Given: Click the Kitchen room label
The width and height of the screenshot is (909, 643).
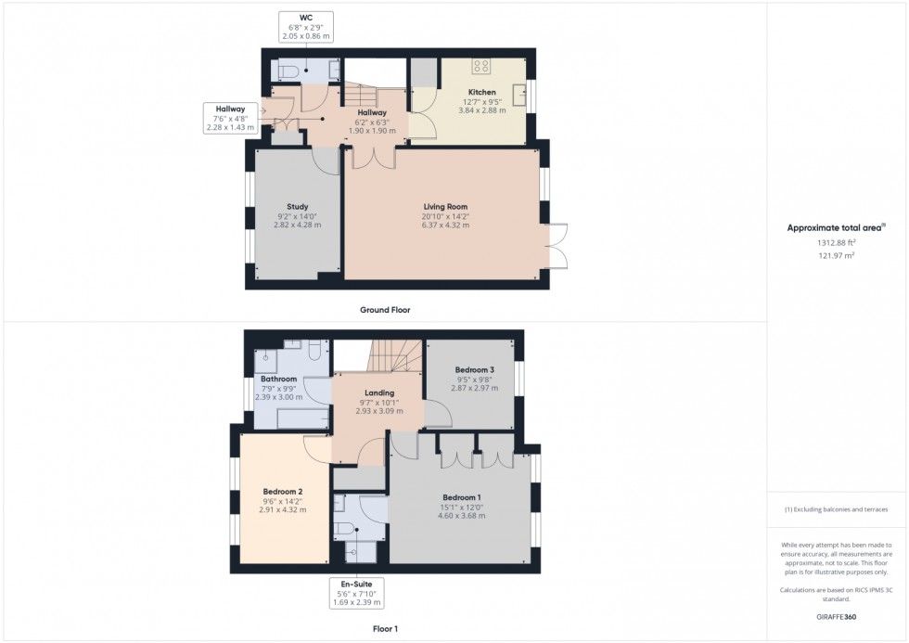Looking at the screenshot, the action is pos(481,92).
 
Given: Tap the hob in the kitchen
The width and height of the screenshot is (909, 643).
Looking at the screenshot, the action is pos(480,66).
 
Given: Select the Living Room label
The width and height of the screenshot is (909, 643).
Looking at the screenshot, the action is pos(445,206).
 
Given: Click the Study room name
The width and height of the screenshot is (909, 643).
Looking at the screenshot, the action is pos(298,206).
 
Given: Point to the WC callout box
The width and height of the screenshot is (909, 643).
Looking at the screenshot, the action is pos(306,27).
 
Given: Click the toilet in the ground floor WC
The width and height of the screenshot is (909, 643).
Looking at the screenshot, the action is pos(288,71).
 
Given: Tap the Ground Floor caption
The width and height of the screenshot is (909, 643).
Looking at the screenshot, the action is pos(385,310).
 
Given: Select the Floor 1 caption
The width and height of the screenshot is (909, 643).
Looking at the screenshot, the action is pos(385,628).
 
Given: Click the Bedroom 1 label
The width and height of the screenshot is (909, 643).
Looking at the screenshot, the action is pos(462,497).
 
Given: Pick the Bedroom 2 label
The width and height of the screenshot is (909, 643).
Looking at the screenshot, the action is pos(283,492).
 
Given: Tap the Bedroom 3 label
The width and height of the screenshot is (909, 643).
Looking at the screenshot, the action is pos(475,370).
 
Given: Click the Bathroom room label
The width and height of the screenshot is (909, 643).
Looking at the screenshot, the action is pos(279,379).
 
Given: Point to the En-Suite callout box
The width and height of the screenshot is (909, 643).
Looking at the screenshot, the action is pos(356,593).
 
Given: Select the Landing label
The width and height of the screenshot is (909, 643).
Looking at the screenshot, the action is pos(379,392).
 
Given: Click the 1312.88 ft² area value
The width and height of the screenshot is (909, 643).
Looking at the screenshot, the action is pos(837,243).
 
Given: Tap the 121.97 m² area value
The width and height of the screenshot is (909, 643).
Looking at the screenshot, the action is pos(837,255).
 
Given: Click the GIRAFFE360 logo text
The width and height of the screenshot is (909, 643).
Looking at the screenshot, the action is pos(836,617).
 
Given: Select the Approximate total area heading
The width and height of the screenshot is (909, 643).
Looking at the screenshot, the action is pos(836,228).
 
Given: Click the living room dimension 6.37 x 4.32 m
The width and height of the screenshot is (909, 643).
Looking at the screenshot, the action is pos(445,225).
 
